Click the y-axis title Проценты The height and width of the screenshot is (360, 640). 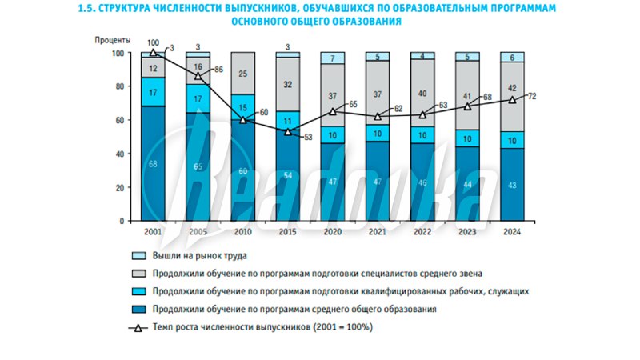click(113, 39)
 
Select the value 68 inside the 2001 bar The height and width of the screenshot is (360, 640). click(154, 163)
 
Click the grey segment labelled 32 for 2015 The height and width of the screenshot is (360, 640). click(287, 84)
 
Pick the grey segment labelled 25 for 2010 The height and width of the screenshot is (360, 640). click(242, 74)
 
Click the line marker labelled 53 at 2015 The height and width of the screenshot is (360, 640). click(287, 131)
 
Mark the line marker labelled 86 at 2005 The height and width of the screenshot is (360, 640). click(198, 76)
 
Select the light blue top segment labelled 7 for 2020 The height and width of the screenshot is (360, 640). click(332, 58)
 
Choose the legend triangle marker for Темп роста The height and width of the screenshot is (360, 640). click(139, 327)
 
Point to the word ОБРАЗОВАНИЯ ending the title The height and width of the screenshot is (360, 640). click(365, 22)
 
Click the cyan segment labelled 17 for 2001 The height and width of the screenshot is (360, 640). click(154, 92)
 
